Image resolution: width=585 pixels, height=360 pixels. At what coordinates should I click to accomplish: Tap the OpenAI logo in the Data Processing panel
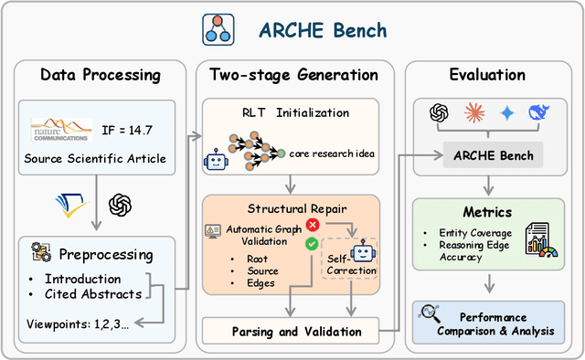coord(121,206)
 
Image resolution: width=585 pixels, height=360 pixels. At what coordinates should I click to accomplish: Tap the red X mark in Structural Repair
coord(313,223)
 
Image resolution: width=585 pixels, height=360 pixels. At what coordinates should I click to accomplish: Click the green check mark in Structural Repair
coord(312,243)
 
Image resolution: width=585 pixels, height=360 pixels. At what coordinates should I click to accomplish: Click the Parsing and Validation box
coord(297,331)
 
